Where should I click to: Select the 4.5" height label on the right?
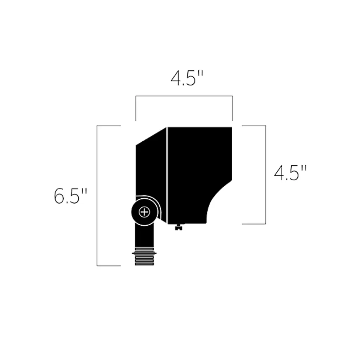(290, 173)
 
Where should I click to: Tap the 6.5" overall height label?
(70, 195)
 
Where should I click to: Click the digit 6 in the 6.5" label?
(59, 196)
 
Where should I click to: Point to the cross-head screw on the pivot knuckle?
(144, 212)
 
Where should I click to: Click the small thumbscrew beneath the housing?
(179, 227)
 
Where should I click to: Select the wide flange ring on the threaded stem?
(144, 253)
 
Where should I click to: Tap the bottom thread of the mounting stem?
(144, 264)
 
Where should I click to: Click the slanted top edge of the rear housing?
(151, 136)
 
